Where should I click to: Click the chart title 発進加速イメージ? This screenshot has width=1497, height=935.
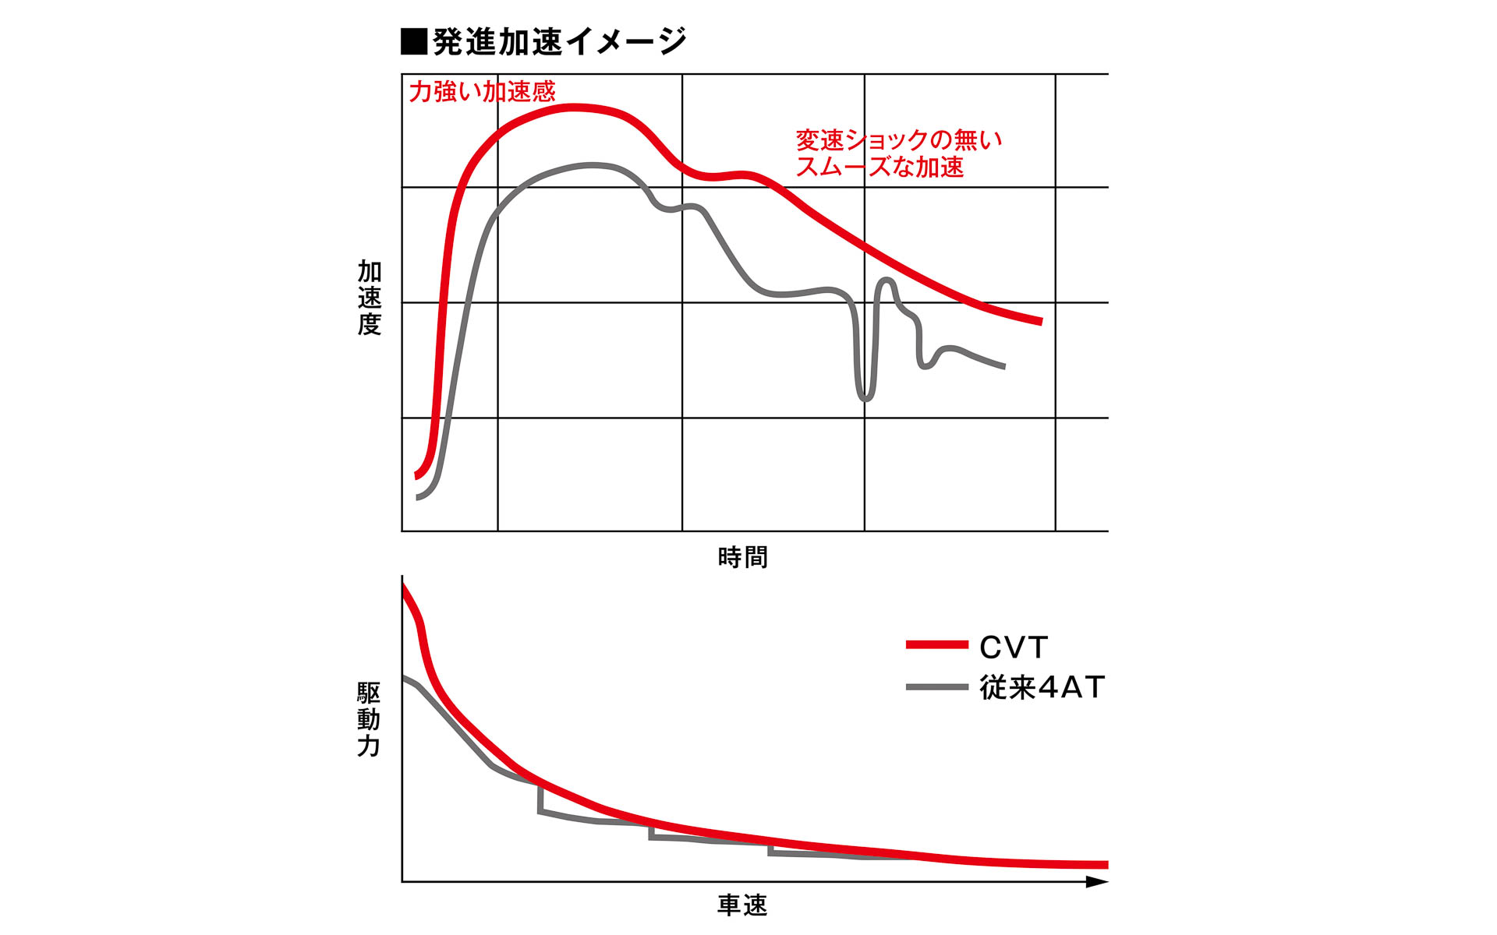click(558, 42)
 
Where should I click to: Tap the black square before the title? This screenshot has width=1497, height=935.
click(413, 42)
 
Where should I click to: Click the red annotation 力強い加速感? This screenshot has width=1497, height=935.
click(482, 92)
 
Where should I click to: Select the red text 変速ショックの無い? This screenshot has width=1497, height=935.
click(898, 140)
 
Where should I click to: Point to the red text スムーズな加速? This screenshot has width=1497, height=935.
click(879, 167)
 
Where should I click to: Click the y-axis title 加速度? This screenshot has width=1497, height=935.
click(369, 298)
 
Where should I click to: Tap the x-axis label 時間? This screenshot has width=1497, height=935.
click(742, 558)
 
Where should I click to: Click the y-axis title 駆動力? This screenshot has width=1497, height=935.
click(369, 719)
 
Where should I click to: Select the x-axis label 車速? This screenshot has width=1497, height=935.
click(742, 905)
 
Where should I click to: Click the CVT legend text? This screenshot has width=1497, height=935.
click(1014, 647)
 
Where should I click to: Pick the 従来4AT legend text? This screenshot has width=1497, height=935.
click(1042, 687)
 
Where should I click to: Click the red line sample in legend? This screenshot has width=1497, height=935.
click(936, 645)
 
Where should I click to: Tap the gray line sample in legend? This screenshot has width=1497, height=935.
click(936, 687)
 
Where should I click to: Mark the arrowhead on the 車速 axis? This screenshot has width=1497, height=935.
click(1097, 882)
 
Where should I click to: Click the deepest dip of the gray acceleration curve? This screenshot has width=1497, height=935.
click(865, 398)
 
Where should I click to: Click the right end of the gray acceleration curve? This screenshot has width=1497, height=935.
click(1003, 366)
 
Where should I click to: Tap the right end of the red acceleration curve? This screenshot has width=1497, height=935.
click(1040, 321)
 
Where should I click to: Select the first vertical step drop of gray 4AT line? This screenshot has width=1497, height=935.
click(540, 798)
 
